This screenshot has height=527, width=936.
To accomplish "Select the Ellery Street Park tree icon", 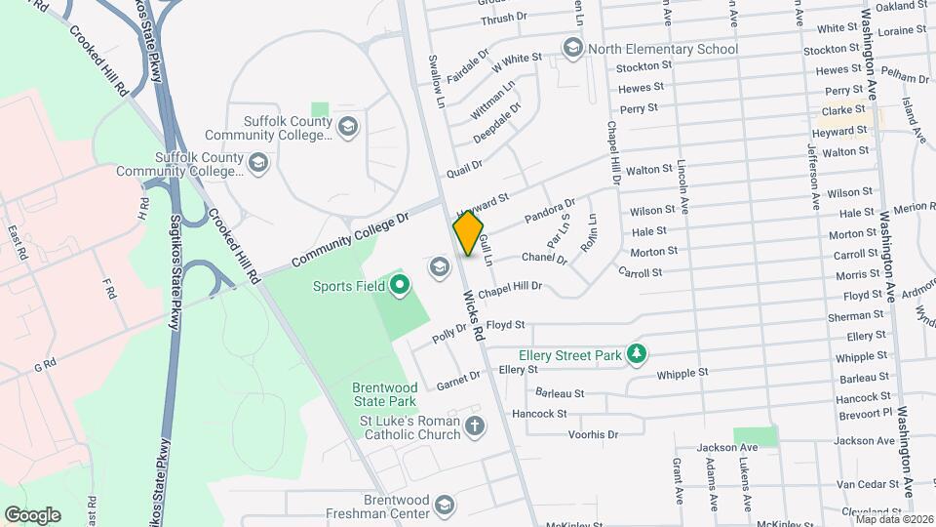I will click(x=637, y=353).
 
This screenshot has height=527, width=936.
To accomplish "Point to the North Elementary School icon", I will click(x=572, y=48).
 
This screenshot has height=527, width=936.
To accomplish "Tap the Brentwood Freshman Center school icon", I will click(x=445, y=505).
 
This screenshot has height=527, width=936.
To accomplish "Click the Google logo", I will click(x=32, y=514).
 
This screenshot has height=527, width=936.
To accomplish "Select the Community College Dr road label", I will click(x=348, y=241).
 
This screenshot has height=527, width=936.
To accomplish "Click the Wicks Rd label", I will click(x=474, y=314).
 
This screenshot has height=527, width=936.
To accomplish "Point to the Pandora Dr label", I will click(x=550, y=210).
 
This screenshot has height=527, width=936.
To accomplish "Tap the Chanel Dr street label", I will click(x=543, y=259).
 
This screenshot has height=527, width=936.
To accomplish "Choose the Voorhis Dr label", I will click(x=593, y=433).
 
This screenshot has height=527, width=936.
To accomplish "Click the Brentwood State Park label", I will click(x=384, y=393).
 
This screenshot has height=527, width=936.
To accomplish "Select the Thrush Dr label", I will click(x=503, y=17).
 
